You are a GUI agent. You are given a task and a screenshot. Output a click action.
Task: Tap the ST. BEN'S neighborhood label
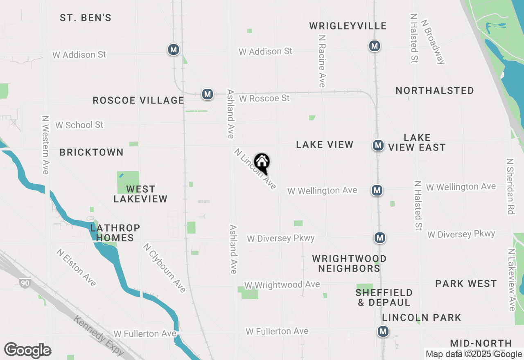[x=86, y=18]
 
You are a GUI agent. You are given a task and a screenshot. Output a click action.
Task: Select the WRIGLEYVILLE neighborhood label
[x=348, y=26]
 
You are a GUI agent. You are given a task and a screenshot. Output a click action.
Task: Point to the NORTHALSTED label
[x=434, y=90]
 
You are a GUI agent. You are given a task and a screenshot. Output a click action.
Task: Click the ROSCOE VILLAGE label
[x=138, y=101]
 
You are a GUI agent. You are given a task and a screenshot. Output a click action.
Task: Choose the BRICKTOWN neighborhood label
[x=91, y=153]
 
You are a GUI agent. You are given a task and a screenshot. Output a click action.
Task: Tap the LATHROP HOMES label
[x=115, y=233]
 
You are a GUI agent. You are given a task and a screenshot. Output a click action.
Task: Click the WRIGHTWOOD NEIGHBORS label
[x=349, y=263]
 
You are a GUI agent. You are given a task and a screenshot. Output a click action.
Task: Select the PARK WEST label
[x=466, y=283]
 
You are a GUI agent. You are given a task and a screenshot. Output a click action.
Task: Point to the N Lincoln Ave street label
[x=255, y=169]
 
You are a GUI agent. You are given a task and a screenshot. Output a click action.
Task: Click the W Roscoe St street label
[x=264, y=99]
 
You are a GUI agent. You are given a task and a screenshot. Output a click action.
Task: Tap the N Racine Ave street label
[x=322, y=61]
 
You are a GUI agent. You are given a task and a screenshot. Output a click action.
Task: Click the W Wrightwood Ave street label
[x=282, y=285]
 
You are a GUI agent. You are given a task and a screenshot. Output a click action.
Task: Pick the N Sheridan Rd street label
[x=510, y=187]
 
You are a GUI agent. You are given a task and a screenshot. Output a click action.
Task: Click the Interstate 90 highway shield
[x=25, y=282]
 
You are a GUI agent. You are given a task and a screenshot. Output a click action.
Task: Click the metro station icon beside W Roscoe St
[x=208, y=94]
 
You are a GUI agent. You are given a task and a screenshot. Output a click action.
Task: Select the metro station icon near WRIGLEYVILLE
[x=374, y=46]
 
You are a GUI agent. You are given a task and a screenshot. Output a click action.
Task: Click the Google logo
[x=27, y=350]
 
